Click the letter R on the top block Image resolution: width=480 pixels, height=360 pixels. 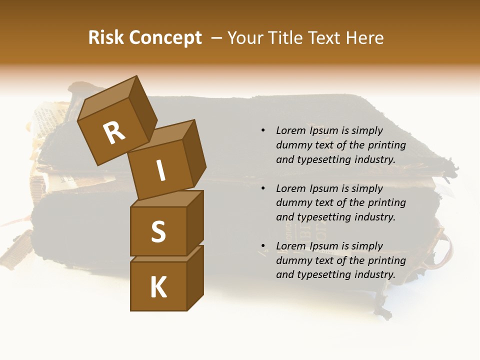(x=114, y=132)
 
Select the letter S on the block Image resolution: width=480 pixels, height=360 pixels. (x=158, y=232)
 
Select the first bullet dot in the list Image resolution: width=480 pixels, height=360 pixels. (x=263, y=131)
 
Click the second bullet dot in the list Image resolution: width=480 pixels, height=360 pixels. (x=263, y=188)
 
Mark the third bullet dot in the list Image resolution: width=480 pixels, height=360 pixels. (x=263, y=246)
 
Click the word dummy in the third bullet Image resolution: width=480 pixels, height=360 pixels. (x=291, y=260)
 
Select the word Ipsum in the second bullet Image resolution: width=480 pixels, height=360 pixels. (x=323, y=188)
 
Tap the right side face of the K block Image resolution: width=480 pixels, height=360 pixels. (x=195, y=277)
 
